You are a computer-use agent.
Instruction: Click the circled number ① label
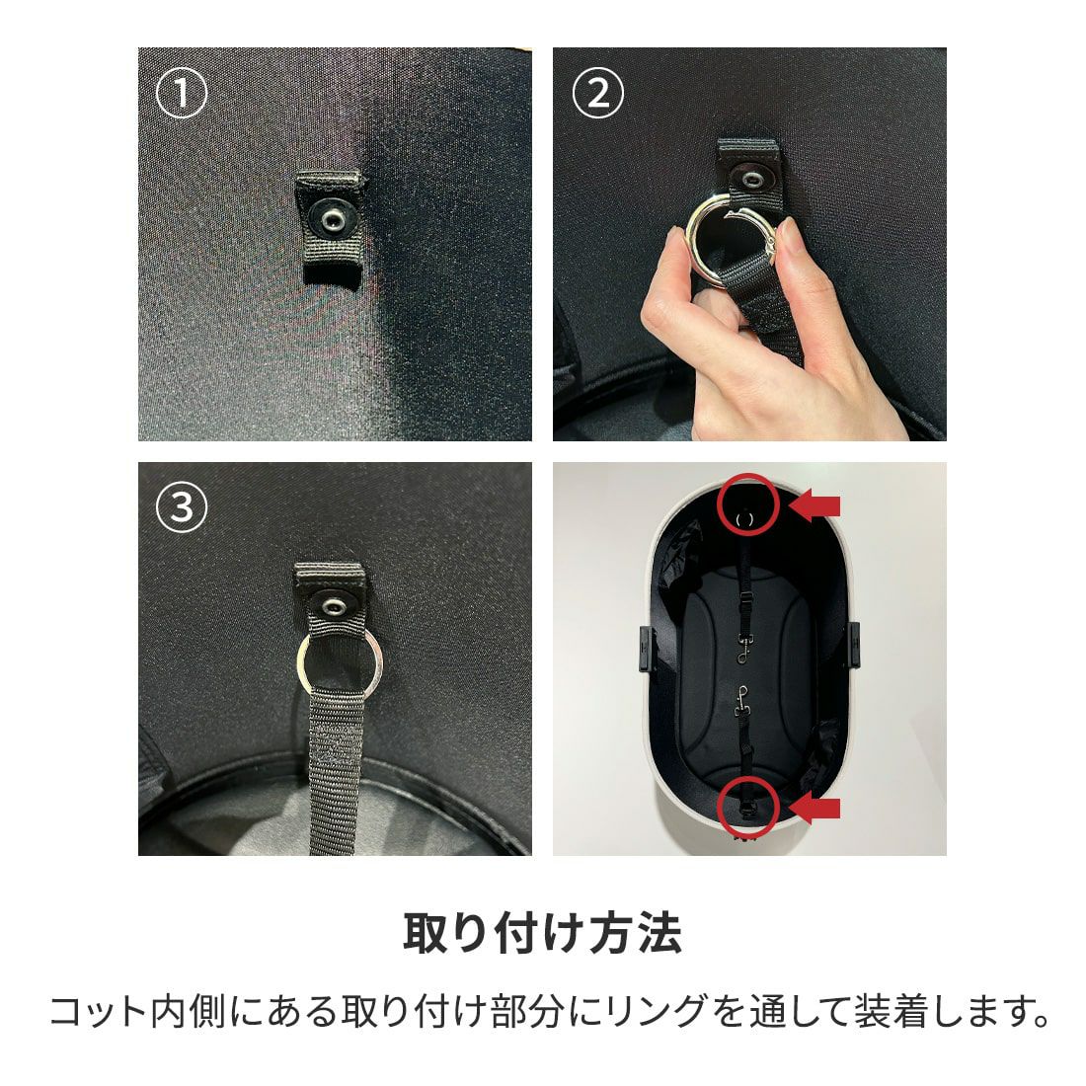pos(181,93)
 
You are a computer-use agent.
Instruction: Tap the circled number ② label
pos(597,93)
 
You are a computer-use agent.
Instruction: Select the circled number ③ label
pos(181,507)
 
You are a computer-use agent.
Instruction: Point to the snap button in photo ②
pos(749,179)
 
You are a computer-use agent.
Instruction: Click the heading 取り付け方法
pos(542,933)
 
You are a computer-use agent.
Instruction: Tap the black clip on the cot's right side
pos(854,644)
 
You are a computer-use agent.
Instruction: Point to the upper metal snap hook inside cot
pos(744,649)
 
